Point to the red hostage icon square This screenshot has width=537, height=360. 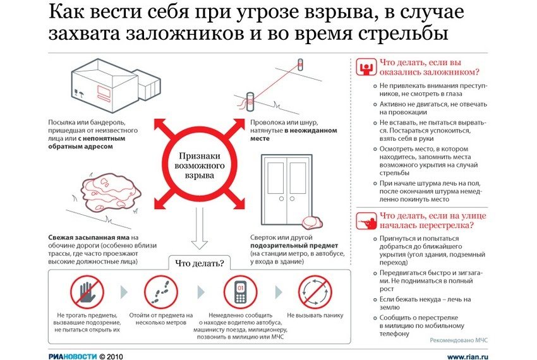pyautogui.click(x=365, y=66)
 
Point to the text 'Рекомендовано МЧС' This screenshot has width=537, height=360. pyautogui.click(x=458, y=340)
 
